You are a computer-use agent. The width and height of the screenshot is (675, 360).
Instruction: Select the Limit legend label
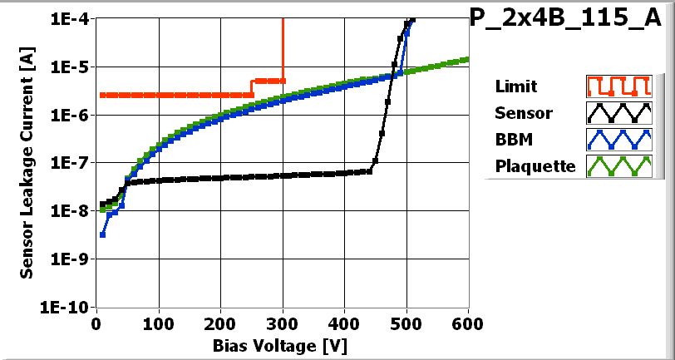tap(515, 86)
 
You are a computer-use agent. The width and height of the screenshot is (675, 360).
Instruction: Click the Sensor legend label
tap(523, 112)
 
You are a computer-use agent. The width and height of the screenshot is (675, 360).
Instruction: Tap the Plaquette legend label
tap(535, 165)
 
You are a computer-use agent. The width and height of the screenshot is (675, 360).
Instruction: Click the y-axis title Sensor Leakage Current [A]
tap(27, 162)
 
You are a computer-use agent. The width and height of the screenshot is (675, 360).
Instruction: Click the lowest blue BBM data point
tap(102, 234)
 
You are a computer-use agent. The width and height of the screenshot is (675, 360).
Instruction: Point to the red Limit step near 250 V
tap(252, 87)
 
